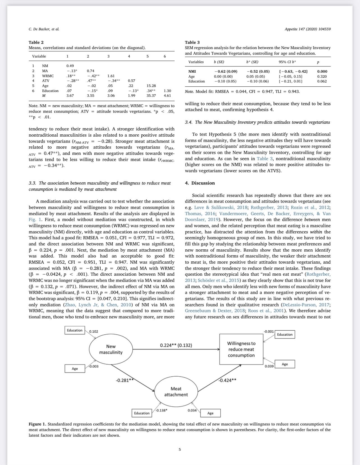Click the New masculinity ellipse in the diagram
(x=111, y=349)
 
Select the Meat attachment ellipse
(x=176, y=392)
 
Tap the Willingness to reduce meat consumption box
(x=241, y=349)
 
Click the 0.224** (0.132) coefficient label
(x=176, y=345)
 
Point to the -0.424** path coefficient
(x=227, y=380)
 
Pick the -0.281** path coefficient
(x=124, y=380)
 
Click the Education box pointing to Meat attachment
(x=142, y=413)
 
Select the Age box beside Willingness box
(x=285, y=364)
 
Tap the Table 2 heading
(x=36, y=42)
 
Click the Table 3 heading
(x=192, y=42)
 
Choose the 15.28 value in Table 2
(x=151, y=86)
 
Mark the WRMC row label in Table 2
(x=48, y=76)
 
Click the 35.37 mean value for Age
(x=151, y=96)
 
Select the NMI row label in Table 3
(x=192, y=72)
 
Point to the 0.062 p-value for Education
(x=322, y=81)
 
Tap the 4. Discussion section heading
(x=200, y=183)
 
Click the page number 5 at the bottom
(x=180, y=450)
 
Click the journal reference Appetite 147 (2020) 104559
(x=308, y=29)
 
